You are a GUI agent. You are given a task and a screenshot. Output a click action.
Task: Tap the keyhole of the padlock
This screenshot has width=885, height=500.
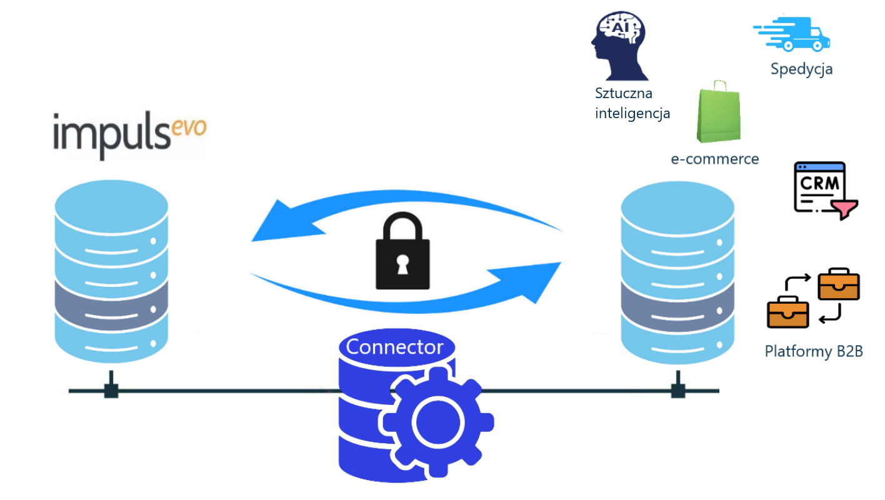(x=402, y=262)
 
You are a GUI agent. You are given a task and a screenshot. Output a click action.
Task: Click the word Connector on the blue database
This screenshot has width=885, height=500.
(x=394, y=347)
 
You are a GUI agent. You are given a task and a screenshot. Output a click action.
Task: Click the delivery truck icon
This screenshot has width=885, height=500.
(x=792, y=34)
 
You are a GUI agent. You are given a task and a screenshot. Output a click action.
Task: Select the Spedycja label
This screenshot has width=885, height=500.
(x=801, y=69)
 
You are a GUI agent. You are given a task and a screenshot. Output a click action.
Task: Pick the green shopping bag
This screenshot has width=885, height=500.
(x=719, y=115)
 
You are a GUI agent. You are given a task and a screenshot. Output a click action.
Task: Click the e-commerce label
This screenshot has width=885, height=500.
(x=715, y=159)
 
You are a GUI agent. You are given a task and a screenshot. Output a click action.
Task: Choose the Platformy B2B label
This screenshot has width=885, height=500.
(x=814, y=351)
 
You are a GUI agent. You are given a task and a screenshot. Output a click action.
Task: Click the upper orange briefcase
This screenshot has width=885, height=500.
(x=839, y=284)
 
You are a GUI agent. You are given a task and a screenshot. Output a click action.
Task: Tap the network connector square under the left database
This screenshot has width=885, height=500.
(x=111, y=391)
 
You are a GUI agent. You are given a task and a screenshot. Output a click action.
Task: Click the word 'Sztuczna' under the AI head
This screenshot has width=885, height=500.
(x=624, y=94)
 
